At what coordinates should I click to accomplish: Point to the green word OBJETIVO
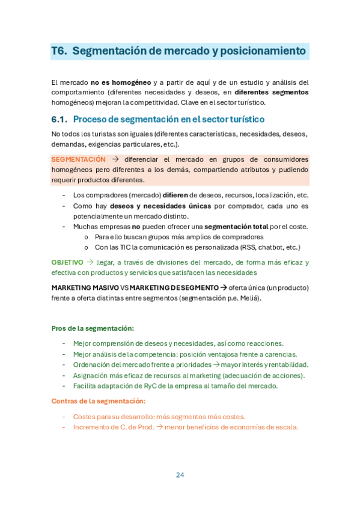point(67,262)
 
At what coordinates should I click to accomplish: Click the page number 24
point(180,475)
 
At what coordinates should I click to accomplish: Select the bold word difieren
point(175,195)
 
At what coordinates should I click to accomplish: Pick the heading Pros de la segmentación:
point(93,328)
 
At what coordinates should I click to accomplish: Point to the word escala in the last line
point(285,428)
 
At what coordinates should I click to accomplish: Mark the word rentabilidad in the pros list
point(287,364)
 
